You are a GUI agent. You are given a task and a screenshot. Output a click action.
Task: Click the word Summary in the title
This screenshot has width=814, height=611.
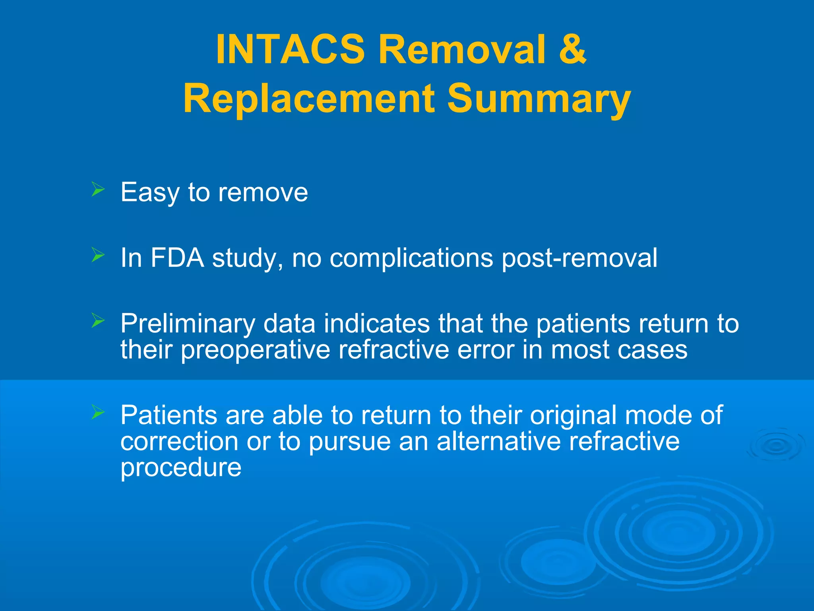tap(539, 99)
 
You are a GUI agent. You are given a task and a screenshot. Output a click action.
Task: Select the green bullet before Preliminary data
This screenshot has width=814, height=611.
tap(97, 320)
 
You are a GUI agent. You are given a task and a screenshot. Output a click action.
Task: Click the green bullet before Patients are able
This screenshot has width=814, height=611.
tap(97, 412)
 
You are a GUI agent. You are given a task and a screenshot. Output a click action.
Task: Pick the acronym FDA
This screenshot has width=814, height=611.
tap(177, 258)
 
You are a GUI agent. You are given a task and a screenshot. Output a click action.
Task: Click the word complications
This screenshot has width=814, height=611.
tap(411, 259)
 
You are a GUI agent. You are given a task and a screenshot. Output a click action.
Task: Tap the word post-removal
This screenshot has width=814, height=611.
tap(579, 259)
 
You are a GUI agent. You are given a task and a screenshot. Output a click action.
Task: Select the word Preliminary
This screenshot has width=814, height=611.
tap(187, 324)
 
